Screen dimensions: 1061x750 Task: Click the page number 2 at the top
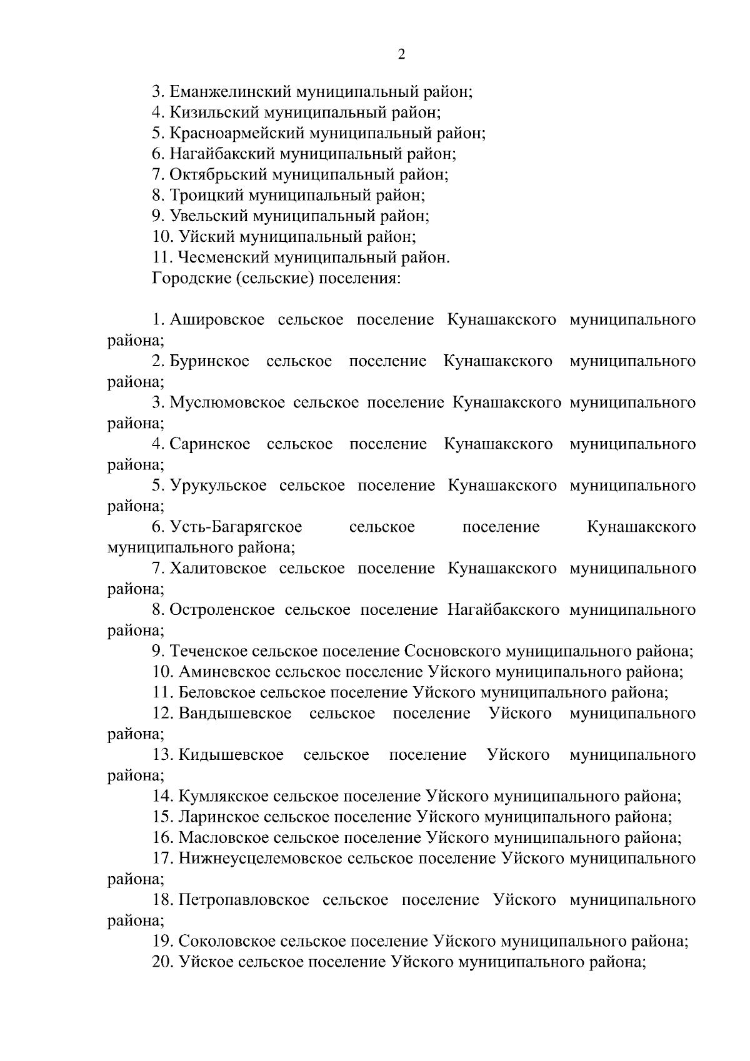click(x=401, y=54)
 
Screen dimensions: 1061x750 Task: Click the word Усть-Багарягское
click(x=236, y=527)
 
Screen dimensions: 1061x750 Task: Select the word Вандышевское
click(x=235, y=714)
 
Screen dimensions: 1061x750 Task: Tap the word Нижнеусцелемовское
click(x=259, y=859)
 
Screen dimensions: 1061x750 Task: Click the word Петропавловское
click(x=244, y=900)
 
